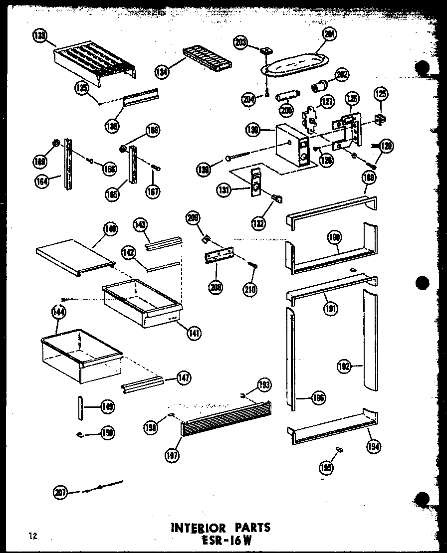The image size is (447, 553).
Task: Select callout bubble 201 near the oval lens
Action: (x=329, y=34)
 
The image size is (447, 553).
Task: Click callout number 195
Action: (x=327, y=468)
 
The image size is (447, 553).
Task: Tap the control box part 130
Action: (x=291, y=145)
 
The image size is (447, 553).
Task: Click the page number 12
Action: (x=33, y=537)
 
